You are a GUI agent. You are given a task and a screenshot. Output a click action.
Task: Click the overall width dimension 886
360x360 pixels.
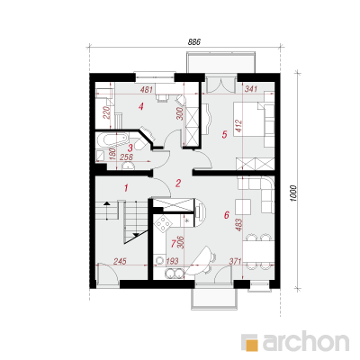coord(193,42)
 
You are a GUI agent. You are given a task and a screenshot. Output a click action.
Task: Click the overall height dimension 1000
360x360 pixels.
coord(293,193)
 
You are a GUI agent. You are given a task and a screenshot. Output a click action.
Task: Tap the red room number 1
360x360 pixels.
coord(126,188)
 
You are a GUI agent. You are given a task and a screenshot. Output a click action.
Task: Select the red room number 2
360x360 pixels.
coord(178,184)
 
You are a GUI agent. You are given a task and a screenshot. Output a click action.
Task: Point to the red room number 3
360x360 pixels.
coord(130,148)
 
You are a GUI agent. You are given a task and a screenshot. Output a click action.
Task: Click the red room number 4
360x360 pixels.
coord(140,106)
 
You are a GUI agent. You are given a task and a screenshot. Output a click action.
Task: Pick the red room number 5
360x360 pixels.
coord(224,135)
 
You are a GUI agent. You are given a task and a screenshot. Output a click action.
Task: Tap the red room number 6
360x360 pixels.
coord(227,215)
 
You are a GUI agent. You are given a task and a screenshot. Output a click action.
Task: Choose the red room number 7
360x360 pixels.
coord(173,244)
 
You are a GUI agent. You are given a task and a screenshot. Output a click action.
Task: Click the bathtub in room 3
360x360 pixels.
coord(113,140)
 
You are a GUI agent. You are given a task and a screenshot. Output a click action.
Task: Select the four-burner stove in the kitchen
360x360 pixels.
coord(163,223)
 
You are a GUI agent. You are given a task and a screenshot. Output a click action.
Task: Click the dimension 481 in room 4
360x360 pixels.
coord(147,89)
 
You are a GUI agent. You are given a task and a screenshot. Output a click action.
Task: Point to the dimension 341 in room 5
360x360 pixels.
coord(251,89)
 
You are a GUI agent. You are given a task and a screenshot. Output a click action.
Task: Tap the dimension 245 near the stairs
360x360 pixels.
coord(120,261)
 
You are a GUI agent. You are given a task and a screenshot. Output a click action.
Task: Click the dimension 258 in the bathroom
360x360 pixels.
coord(126,157)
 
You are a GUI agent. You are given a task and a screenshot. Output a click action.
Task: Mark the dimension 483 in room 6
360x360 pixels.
coord(239,225)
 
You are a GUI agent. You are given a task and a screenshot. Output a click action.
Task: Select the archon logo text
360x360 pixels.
coord(306,341)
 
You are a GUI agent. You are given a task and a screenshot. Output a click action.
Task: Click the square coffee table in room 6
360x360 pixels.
coord(243,207)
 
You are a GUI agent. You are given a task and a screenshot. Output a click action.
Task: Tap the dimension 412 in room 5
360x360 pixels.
coord(239,126)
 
